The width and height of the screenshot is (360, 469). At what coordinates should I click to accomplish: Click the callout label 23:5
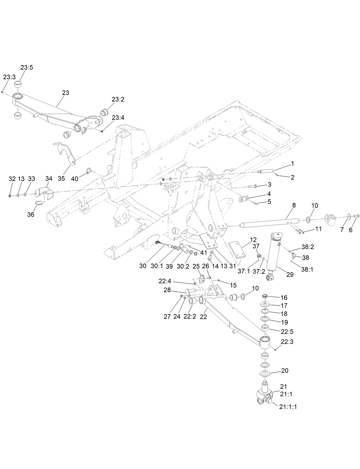27,68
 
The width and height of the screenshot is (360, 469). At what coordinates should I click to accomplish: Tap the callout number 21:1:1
288,407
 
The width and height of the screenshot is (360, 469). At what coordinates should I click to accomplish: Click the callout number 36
30,214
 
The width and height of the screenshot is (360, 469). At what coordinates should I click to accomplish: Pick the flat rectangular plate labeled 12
237,250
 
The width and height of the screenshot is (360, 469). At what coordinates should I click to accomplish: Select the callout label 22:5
287,332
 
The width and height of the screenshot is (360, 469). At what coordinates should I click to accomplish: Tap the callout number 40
75,179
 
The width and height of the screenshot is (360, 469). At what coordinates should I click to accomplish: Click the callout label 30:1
157,266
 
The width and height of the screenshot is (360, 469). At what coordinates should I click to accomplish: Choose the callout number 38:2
308,247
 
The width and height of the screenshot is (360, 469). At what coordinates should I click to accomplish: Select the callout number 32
12,179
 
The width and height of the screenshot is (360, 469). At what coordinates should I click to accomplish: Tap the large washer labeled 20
266,373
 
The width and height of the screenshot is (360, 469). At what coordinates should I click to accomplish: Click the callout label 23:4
118,118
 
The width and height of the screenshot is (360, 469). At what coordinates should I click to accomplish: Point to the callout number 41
203,253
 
